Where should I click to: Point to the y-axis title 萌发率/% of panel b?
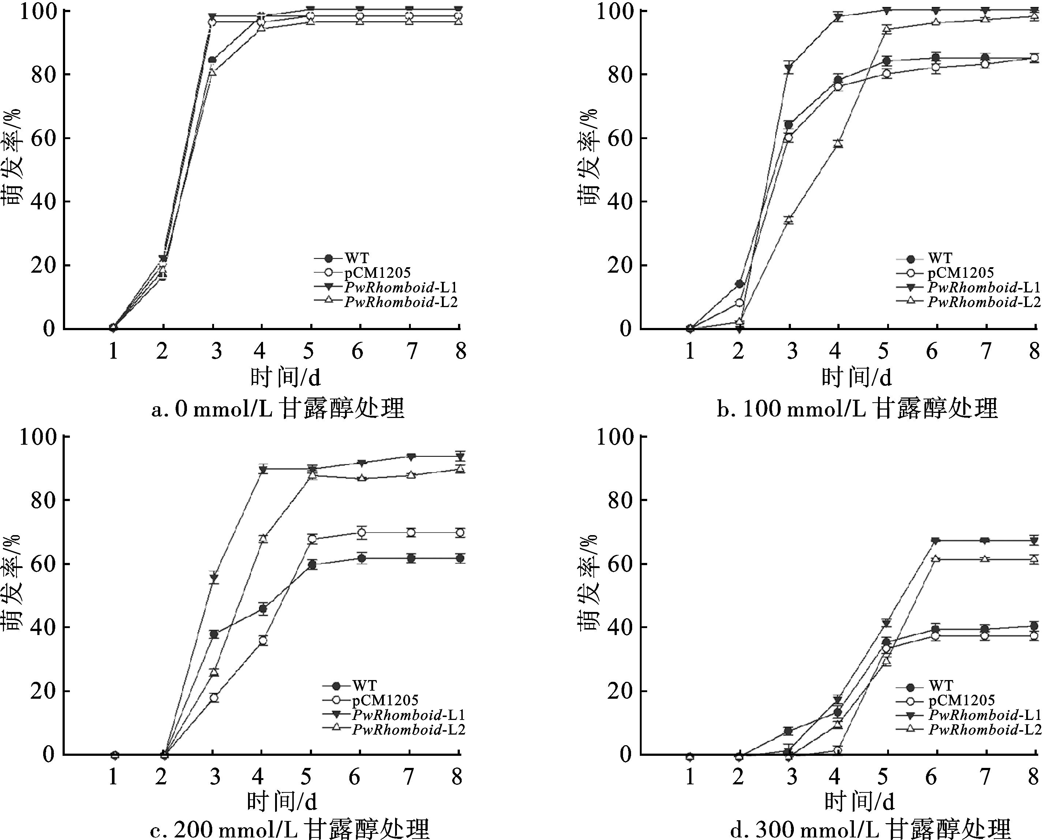click(x=589, y=157)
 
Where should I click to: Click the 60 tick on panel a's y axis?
click(x=43, y=138)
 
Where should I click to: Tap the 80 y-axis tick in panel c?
click(x=43, y=500)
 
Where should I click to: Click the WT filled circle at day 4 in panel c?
click(x=263, y=609)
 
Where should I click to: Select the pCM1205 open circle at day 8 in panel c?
click(x=460, y=533)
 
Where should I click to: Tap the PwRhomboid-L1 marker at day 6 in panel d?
click(x=936, y=541)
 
